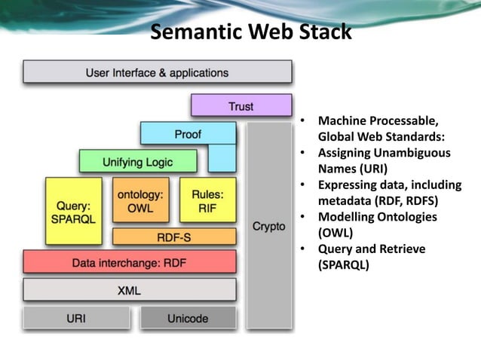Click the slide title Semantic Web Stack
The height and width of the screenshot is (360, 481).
[x=250, y=32]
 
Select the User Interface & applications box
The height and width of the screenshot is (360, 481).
[x=157, y=73]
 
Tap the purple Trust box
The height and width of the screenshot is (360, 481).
[x=241, y=106]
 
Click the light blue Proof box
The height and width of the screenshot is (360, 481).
[x=188, y=134]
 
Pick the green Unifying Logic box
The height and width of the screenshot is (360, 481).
[x=137, y=161]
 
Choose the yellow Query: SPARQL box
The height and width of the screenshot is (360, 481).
[x=73, y=211]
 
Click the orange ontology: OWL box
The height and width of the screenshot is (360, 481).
[x=141, y=200]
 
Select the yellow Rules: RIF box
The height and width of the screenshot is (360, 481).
[x=207, y=200]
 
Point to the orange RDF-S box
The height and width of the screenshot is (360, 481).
[x=173, y=236]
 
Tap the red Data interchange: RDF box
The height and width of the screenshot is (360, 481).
[x=129, y=263]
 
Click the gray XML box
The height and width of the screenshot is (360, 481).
[x=129, y=290]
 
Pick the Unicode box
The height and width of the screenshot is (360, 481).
[x=188, y=318]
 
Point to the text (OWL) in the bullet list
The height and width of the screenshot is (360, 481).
[x=334, y=233]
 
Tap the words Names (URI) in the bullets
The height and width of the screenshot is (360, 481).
[x=352, y=169]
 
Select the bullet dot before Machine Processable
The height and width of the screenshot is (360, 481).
[x=302, y=121]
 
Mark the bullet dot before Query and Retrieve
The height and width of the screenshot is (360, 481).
[x=302, y=249]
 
